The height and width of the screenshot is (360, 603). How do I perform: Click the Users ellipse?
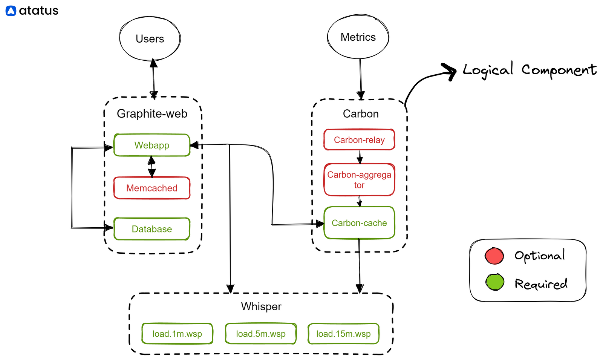point(150,38)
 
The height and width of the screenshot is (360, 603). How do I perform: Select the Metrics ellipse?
point(358,37)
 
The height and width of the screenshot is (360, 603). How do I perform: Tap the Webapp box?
point(152,145)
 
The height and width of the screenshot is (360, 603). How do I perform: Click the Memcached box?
point(152,188)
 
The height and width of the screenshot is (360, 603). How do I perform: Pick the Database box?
point(152,229)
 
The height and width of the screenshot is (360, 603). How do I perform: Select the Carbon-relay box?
point(359,140)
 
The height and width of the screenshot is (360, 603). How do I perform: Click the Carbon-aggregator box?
point(359,180)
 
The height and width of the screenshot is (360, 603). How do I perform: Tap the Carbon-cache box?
point(359,223)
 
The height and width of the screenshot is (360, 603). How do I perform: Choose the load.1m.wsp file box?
point(177,334)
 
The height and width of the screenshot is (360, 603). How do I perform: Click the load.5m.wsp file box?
point(260,334)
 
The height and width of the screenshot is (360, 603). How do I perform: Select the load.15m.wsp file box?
point(343,334)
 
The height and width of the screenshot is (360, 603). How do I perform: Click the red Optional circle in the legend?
point(494,256)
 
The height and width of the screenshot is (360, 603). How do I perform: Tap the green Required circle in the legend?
point(494,282)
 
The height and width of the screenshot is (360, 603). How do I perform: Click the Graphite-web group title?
point(152,113)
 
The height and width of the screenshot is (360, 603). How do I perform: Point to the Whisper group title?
point(261,306)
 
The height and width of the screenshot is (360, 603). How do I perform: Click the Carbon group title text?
point(361,114)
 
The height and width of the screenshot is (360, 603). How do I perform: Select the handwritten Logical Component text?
point(529,70)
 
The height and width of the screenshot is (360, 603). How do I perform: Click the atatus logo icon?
point(11,11)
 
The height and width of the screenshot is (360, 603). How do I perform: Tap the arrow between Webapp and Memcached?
point(152,166)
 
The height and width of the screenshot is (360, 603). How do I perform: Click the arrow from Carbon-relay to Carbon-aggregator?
point(360,156)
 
